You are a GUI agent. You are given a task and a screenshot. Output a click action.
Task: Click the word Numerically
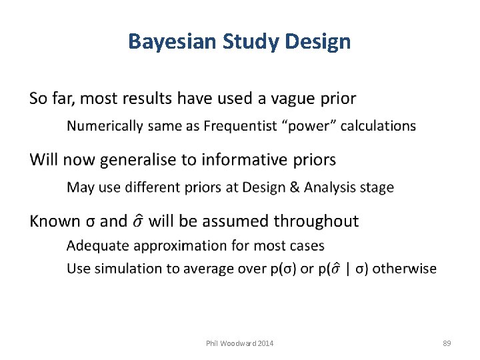point(105,126)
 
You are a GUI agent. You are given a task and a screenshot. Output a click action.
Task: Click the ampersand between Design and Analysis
point(294,187)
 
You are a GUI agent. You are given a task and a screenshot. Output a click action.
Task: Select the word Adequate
point(98,246)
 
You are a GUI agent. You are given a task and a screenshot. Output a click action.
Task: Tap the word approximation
point(181,246)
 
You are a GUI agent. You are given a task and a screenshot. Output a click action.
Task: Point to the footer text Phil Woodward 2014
point(240,343)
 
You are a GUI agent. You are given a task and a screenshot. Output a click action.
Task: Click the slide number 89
point(447,343)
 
